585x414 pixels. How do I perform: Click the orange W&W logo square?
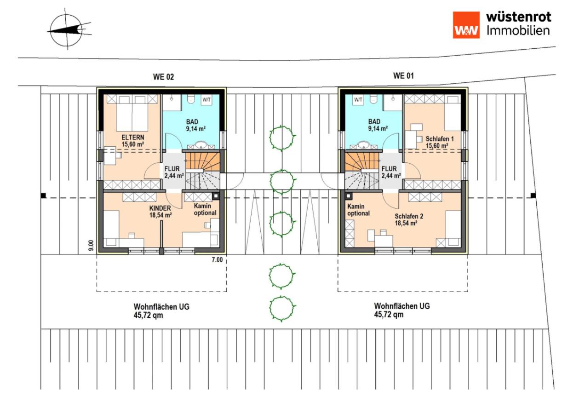coord(466,25)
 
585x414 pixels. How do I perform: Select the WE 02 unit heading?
coord(163,77)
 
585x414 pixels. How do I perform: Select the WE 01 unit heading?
coord(403,76)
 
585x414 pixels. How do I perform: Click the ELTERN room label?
coord(132,138)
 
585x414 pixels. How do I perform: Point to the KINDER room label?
coord(160,208)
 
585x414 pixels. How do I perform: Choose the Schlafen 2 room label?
coord(409,216)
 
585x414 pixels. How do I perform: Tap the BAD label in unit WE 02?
coord(192,122)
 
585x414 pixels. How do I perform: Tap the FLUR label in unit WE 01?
coord(389,169)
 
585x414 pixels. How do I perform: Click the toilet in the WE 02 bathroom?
coord(191,99)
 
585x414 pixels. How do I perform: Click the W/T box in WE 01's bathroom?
coord(358,100)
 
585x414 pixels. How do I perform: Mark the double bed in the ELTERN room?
coord(132,113)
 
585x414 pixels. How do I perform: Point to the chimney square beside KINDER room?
coord(216,196)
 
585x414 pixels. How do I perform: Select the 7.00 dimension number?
coord(217,259)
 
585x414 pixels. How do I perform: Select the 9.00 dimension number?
coord(91,245)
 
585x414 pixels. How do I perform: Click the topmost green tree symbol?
coord(282,138)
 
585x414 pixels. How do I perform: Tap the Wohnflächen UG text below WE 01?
coord(402,306)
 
